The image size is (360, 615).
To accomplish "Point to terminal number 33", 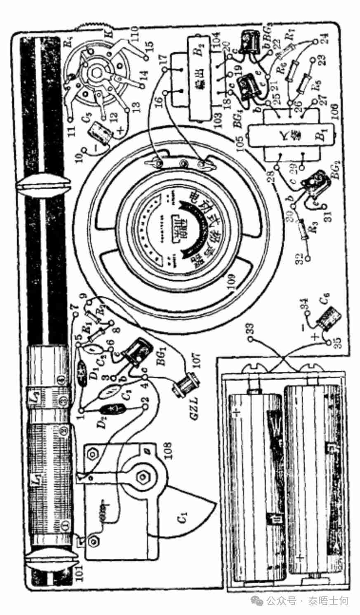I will pos(250,339).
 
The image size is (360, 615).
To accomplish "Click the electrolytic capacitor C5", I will pos(101,131).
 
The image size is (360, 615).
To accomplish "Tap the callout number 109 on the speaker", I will pos(230,282).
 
